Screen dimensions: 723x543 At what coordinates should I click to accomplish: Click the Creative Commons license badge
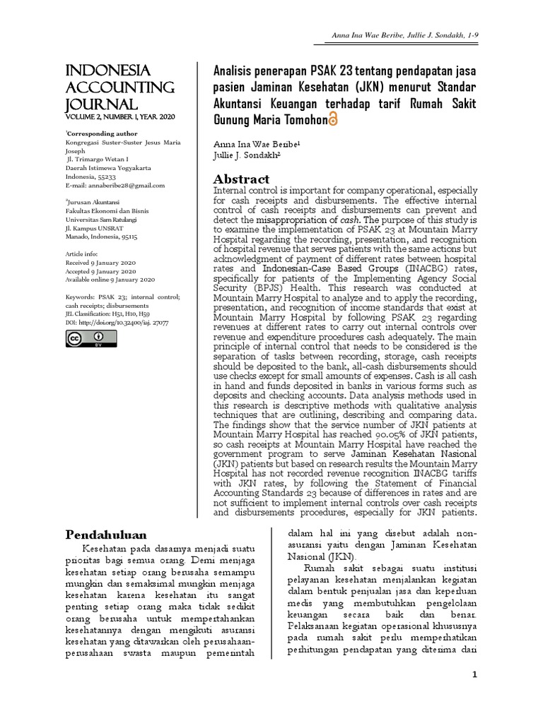[x=91, y=339]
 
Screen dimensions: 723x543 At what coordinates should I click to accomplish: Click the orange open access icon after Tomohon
[x=334, y=120]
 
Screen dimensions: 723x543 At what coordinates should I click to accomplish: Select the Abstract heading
[x=242, y=179]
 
